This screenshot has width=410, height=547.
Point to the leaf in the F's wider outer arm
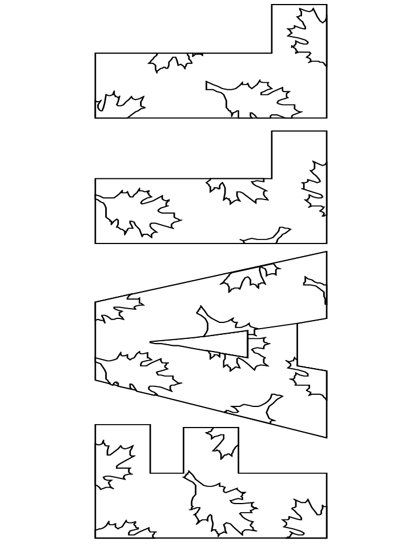point(114,463)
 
